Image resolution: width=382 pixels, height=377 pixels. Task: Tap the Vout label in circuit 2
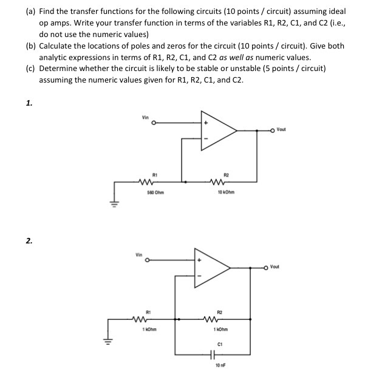(276, 266)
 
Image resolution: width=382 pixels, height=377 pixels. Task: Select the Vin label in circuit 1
(145, 117)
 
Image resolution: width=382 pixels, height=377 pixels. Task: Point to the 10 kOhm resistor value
(225, 192)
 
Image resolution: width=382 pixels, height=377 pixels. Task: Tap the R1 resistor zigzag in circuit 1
(145, 180)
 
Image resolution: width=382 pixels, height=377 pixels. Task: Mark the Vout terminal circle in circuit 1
(273, 130)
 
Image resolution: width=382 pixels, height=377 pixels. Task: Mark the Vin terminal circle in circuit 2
(146, 261)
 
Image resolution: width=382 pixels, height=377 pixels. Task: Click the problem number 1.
(29, 103)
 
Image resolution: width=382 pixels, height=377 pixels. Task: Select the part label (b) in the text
(30, 46)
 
